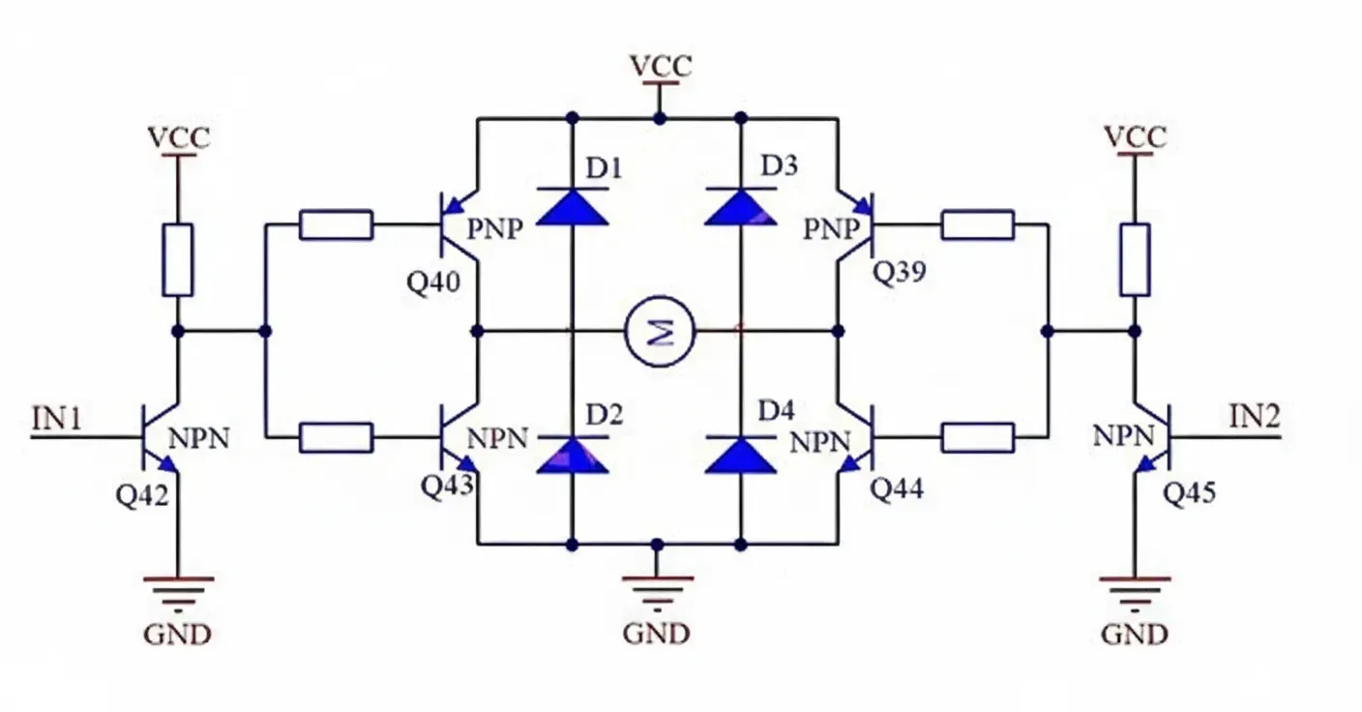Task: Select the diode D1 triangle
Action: point(572,206)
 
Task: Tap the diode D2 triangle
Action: point(572,455)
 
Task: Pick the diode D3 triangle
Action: point(741,206)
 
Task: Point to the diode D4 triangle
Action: point(741,455)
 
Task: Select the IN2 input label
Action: point(1255,418)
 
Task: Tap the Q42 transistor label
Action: point(142,495)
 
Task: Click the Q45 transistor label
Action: point(1189,493)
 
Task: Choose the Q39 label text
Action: point(900,273)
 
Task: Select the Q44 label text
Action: point(897,489)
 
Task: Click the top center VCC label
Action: point(661,66)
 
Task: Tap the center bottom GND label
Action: point(657,634)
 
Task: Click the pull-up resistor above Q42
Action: point(178,259)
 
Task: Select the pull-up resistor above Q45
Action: point(1135,259)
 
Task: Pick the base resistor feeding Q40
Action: point(337,224)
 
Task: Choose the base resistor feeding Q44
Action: point(978,437)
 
